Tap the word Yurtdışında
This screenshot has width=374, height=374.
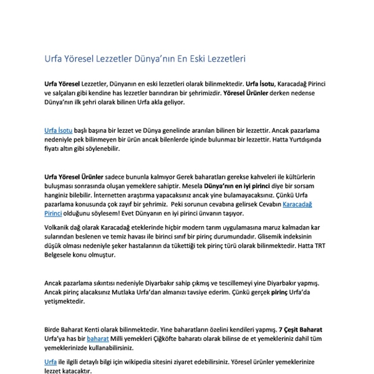coord(305,140)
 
